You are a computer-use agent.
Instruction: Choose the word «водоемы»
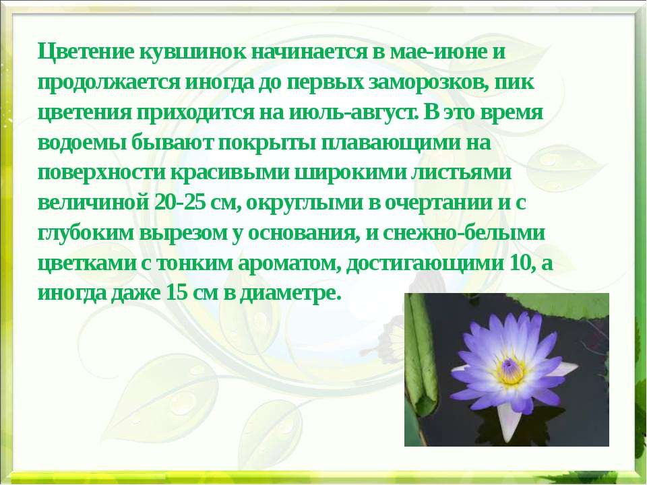pos(82,143)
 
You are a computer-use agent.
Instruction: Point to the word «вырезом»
pos(184,234)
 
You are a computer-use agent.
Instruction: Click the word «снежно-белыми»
pos(464,232)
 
